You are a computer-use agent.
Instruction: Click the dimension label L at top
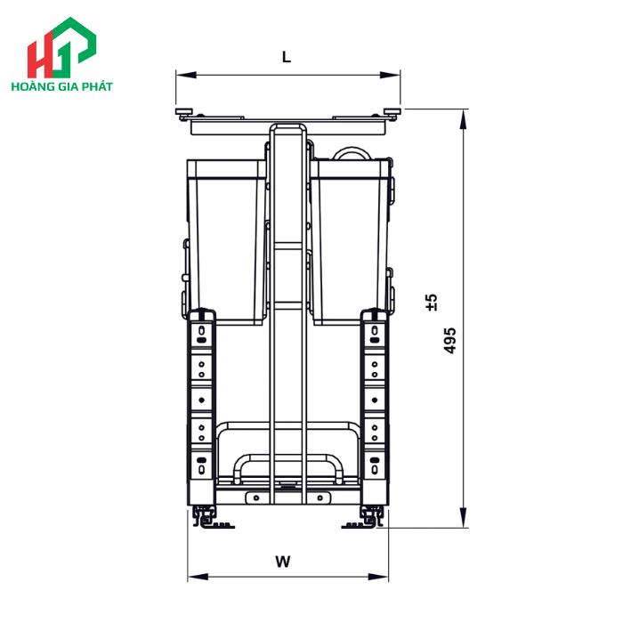tap(286, 57)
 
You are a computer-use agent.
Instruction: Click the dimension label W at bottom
tap(282, 562)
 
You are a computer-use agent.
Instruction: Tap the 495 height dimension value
tap(450, 340)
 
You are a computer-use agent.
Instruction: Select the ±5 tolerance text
tap(432, 302)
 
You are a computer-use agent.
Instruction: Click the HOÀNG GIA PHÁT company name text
tap(61, 87)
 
